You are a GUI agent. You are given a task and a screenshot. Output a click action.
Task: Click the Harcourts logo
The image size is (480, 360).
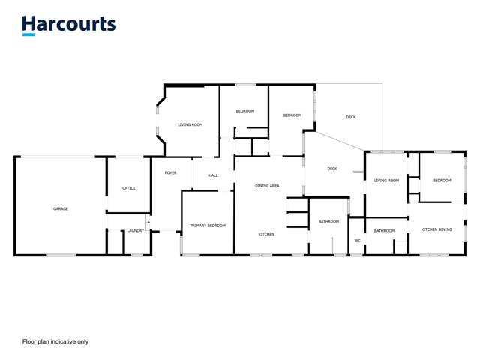point(69,25)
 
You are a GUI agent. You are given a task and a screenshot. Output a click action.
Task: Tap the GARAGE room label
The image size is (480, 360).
point(61,208)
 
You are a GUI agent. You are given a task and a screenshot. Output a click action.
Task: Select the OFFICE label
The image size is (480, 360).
point(129,188)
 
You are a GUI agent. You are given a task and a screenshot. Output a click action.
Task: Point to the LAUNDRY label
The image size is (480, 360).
point(135,231)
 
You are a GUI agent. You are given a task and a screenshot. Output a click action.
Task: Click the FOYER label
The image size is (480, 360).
point(171,173)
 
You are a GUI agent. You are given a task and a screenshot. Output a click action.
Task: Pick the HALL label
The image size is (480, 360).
point(213,175)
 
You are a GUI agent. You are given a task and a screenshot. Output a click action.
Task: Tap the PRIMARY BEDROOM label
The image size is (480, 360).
point(207,226)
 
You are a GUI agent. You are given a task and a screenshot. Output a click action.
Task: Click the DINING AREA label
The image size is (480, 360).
point(268,185)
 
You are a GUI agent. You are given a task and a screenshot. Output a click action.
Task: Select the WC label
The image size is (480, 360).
point(358,241)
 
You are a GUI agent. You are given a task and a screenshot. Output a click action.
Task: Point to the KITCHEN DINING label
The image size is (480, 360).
point(436,229)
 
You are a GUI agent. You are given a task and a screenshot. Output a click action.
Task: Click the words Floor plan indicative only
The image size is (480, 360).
point(55,341)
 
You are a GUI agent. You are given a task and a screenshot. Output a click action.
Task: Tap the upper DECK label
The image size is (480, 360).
point(351,117)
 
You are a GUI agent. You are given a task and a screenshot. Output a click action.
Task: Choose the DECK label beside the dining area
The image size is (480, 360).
point(332,169)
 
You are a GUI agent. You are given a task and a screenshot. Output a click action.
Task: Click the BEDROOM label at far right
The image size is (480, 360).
point(442,180)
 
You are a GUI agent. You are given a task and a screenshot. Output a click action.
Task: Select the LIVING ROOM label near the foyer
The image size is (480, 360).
point(190,124)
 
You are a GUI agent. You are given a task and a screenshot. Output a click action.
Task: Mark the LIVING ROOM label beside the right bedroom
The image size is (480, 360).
point(387,180)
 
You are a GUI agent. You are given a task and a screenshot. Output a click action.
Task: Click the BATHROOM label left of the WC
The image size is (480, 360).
point(328,221)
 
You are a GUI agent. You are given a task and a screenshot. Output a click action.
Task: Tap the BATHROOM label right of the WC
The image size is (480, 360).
point(385,230)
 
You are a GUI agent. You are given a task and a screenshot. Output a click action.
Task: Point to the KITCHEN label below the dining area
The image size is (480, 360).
point(266,234)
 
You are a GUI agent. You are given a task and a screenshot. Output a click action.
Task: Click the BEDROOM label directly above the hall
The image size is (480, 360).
point(245,111)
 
